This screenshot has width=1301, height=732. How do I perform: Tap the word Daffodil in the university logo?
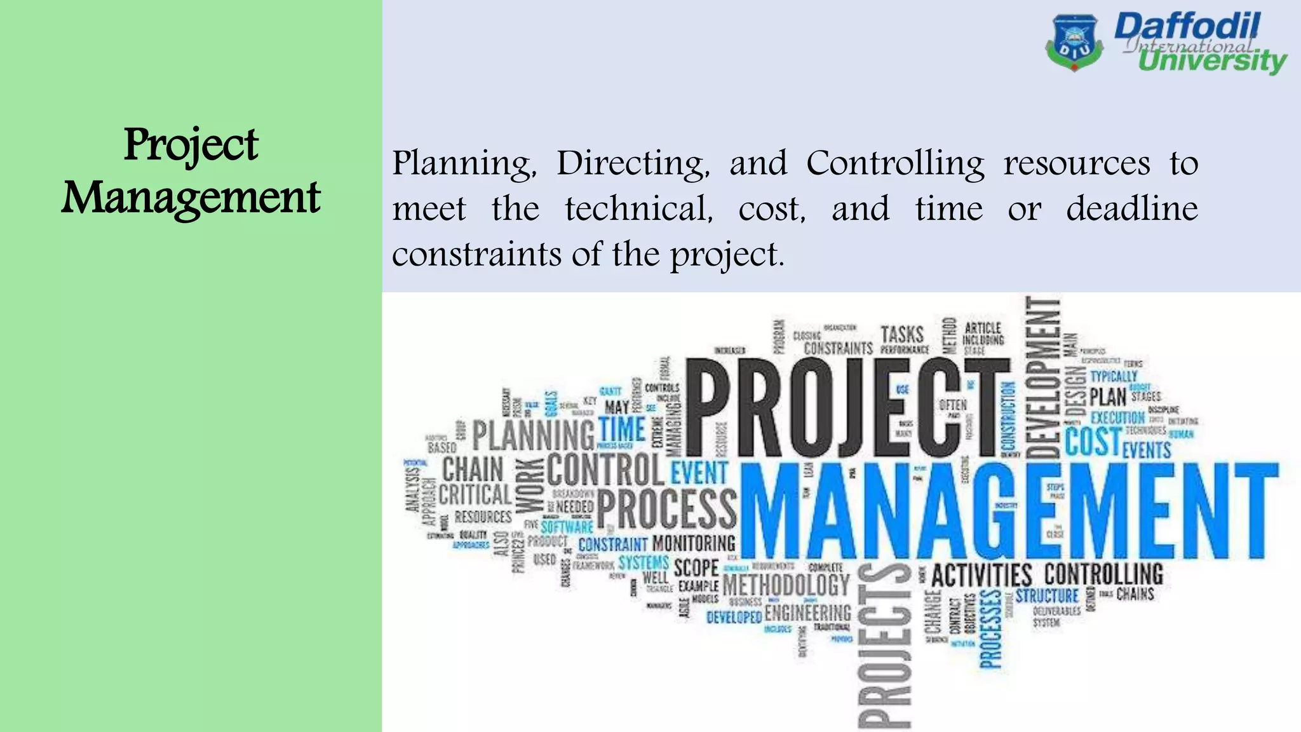coord(1187,27)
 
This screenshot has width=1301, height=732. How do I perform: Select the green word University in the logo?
coord(1212,61)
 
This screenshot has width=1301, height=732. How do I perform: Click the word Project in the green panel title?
coord(191,145)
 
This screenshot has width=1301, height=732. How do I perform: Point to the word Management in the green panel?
coord(191,198)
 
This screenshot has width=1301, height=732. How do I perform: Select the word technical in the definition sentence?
coord(639,209)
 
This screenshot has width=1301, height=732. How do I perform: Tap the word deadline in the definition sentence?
coord(1132,209)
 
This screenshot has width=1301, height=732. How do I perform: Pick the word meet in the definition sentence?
coord(429,209)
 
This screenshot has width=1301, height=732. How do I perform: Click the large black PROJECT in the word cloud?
coord(848,408)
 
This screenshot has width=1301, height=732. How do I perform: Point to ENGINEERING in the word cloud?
coord(807,613)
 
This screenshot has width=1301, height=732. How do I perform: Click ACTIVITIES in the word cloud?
coord(981,576)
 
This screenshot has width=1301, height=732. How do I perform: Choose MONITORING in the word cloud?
coord(694,543)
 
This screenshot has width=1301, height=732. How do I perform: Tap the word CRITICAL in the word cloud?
coord(475,494)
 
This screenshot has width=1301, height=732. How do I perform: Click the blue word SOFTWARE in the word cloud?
coord(567,527)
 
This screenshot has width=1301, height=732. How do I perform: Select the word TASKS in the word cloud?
coord(902,334)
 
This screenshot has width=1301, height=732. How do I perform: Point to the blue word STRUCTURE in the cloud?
coord(1047,596)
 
